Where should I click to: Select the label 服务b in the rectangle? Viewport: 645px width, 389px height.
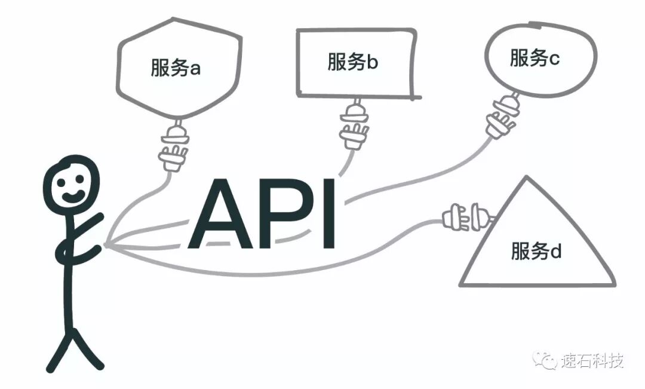(x=352, y=62)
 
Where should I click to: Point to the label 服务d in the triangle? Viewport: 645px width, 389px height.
(x=536, y=251)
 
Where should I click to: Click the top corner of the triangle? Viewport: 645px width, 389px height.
(x=525, y=177)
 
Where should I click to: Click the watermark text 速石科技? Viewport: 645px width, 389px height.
(x=592, y=361)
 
